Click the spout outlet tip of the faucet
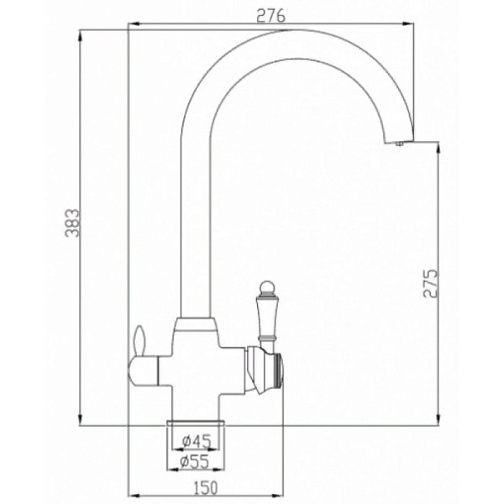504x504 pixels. click(x=397, y=143)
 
